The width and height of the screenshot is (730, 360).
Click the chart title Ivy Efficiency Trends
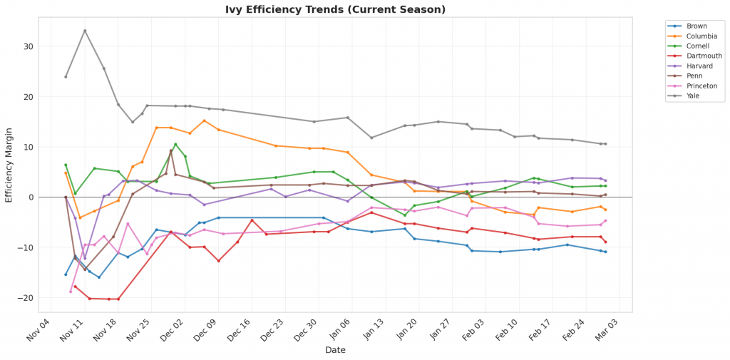[334, 10]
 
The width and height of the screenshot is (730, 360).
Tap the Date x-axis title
[335, 350]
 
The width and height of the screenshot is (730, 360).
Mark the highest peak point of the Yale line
[85, 31]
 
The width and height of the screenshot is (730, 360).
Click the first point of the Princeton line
[71, 292]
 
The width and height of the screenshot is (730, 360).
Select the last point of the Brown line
[605, 252]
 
